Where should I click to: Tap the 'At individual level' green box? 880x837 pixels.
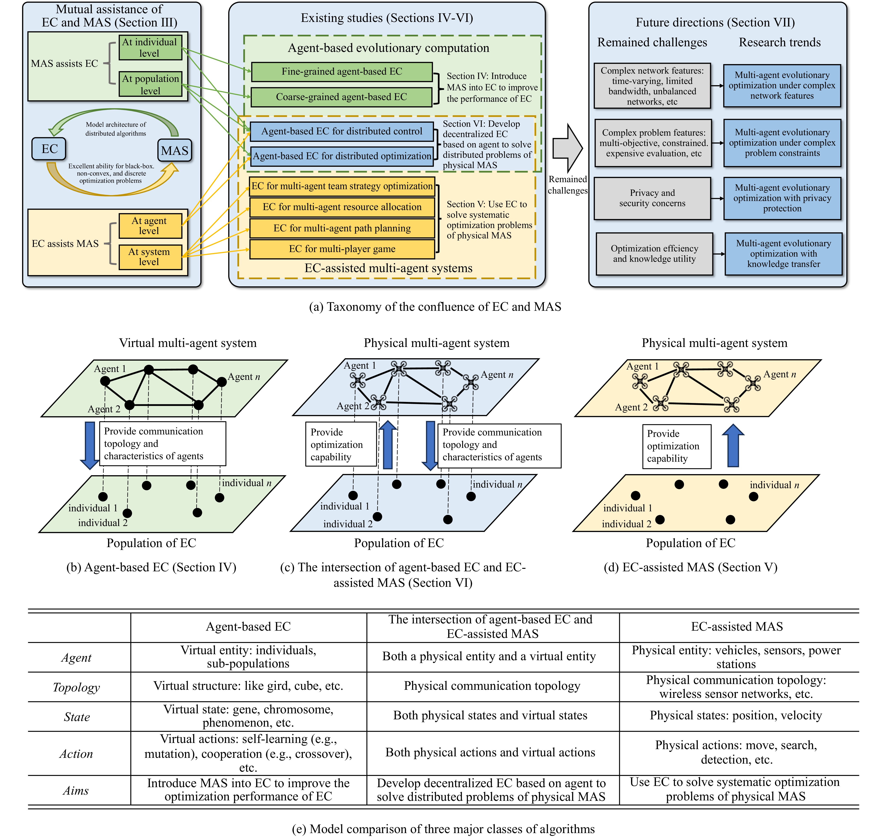click(x=150, y=47)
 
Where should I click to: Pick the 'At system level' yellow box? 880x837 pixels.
click(x=150, y=257)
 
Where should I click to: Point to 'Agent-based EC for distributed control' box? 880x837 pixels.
click(x=341, y=131)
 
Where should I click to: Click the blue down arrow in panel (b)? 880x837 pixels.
click(x=90, y=445)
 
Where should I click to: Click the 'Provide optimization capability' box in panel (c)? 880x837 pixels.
click(x=341, y=444)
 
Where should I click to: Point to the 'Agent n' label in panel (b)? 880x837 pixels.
click(x=244, y=377)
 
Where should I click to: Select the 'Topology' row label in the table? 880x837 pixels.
click(x=76, y=687)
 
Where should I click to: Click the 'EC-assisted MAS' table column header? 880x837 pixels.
click(x=737, y=627)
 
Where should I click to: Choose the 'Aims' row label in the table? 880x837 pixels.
click(x=76, y=791)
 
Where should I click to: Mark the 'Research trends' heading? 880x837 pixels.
click(x=780, y=42)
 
